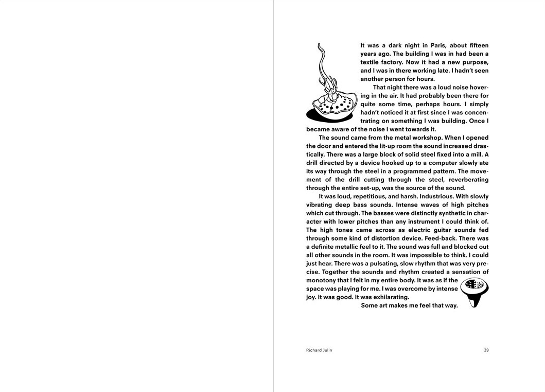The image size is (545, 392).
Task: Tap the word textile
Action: click(x=371, y=62)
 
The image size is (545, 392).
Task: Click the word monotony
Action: click(x=321, y=280)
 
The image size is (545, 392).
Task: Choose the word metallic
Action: click(x=348, y=247)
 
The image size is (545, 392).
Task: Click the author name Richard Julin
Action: click(x=319, y=350)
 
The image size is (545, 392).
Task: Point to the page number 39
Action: click(x=486, y=350)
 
